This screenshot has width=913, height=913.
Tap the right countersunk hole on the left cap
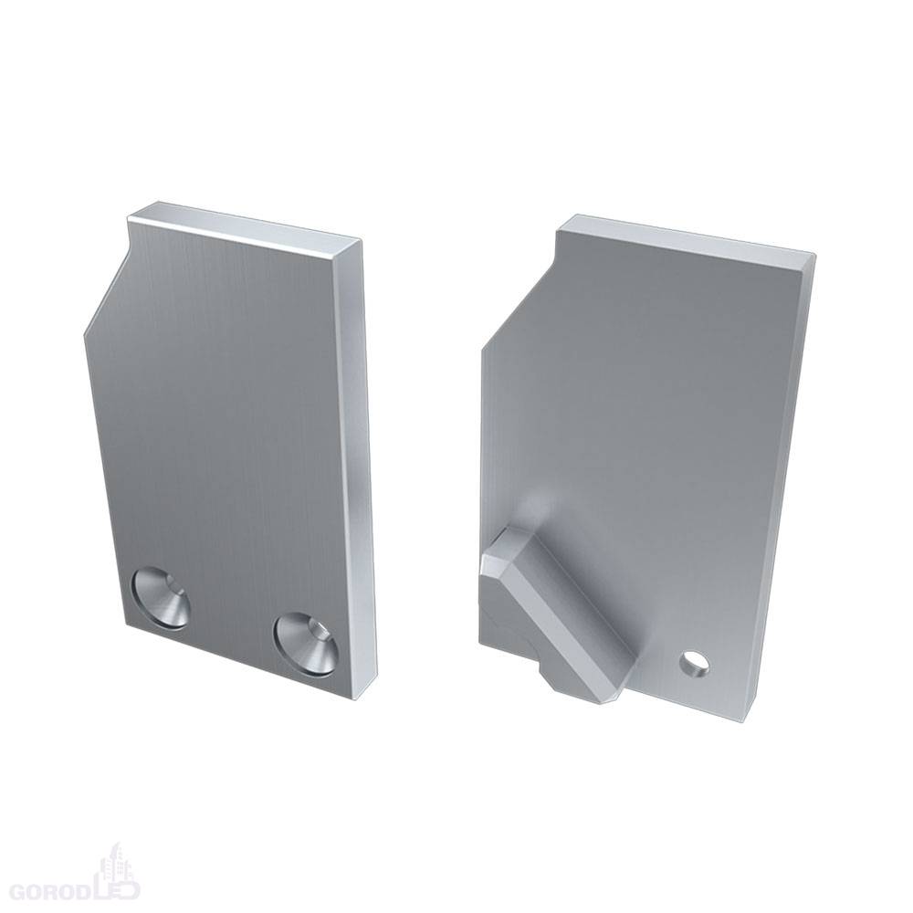pos(308,645)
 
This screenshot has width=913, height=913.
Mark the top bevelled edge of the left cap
pos(244,222)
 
